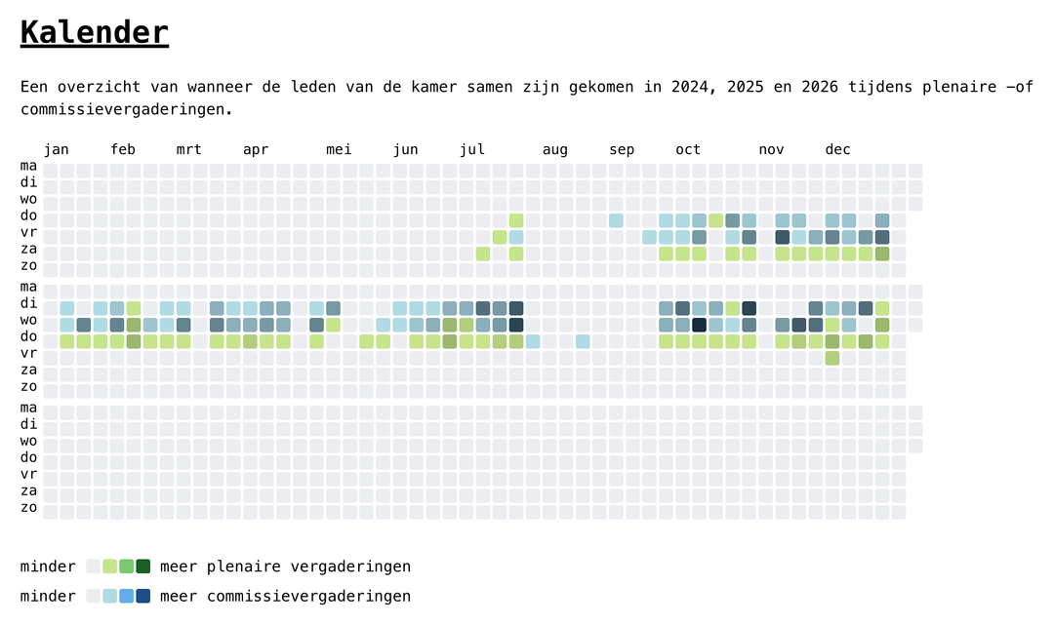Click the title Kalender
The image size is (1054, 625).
click(x=94, y=32)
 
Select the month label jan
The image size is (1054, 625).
click(x=57, y=150)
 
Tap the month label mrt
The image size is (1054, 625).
click(x=189, y=150)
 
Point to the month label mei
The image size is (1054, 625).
click(x=339, y=150)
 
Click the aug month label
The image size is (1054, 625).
click(x=555, y=150)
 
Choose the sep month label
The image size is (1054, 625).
click(x=622, y=150)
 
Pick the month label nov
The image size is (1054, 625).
click(x=772, y=150)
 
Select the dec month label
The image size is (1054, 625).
click(x=838, y=150)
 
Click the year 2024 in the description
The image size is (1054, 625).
click(x=690, y=87)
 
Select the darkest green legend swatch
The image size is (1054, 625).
click(x=143, y=566)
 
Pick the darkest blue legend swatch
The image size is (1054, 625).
click(x=143, y=596)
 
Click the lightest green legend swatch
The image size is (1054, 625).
click(x=110, y=566)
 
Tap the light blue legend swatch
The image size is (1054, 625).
click(x=110, y=596)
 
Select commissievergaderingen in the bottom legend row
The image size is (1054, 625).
click(x=308, y=596)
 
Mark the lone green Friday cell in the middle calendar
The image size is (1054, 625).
click(x=832, y=358)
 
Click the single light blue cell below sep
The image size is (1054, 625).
click(x=616, y=220)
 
